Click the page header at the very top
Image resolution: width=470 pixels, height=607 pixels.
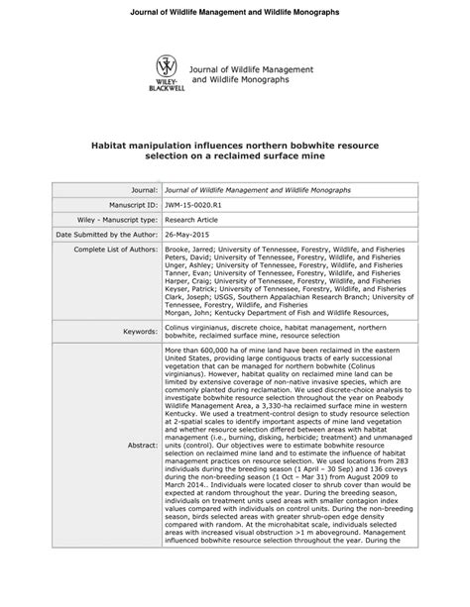coord(235,11)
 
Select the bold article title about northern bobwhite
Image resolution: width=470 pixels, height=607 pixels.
coord(235,151)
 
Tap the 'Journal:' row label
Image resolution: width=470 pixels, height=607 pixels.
coord(140,187)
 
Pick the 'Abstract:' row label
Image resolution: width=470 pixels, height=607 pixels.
coord(141,445)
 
